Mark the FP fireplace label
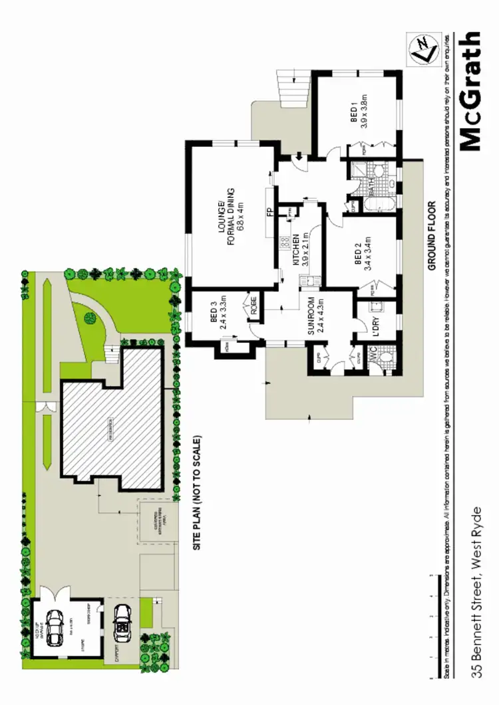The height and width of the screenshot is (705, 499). click(x=269, y=212)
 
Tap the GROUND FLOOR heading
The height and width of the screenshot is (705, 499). click(x=430, y=236)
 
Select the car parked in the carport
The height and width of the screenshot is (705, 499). click(x=122, y=623)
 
